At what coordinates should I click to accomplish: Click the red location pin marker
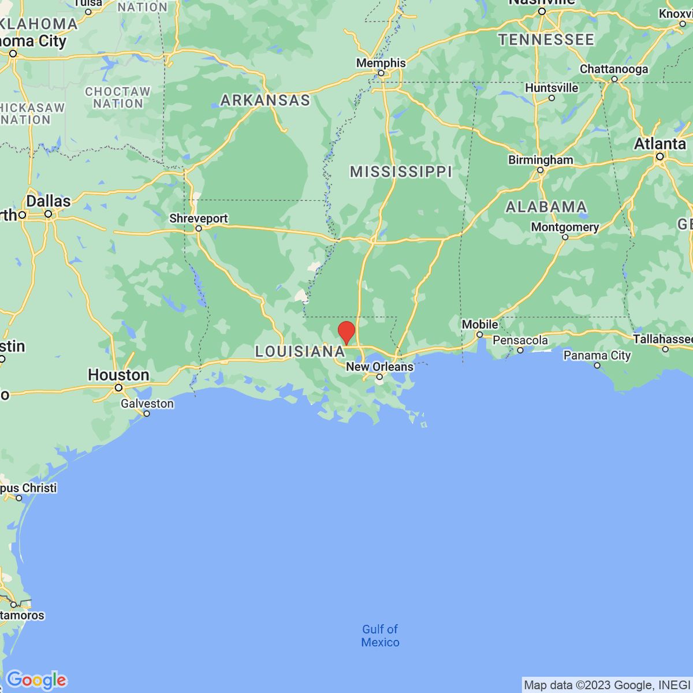(346, 333)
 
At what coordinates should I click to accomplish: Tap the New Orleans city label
(379, 367)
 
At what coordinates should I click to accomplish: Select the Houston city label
(118, 375)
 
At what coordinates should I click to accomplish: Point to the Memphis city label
(381, 63)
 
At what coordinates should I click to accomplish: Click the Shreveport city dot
(199, 229)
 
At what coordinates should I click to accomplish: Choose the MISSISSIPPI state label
(401, 172)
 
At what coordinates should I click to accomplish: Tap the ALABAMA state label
(546, 207)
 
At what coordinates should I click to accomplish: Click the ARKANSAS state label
(265, 100)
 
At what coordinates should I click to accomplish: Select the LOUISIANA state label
(300, 351)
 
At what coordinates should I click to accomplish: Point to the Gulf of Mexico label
(380, 636)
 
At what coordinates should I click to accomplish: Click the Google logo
(36, 680)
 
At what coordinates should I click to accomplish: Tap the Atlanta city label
(660, 144)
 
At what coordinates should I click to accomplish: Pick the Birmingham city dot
(541, 170)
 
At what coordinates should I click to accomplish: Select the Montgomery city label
(565, 227)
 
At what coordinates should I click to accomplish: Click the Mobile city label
(480, 325)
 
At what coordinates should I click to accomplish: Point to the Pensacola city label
(520, 340)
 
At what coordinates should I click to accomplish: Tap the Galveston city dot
(147, 413)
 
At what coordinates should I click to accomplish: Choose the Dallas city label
(49, 201)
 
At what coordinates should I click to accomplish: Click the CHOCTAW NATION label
(118, 98)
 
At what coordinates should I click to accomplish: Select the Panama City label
(597, 355)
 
